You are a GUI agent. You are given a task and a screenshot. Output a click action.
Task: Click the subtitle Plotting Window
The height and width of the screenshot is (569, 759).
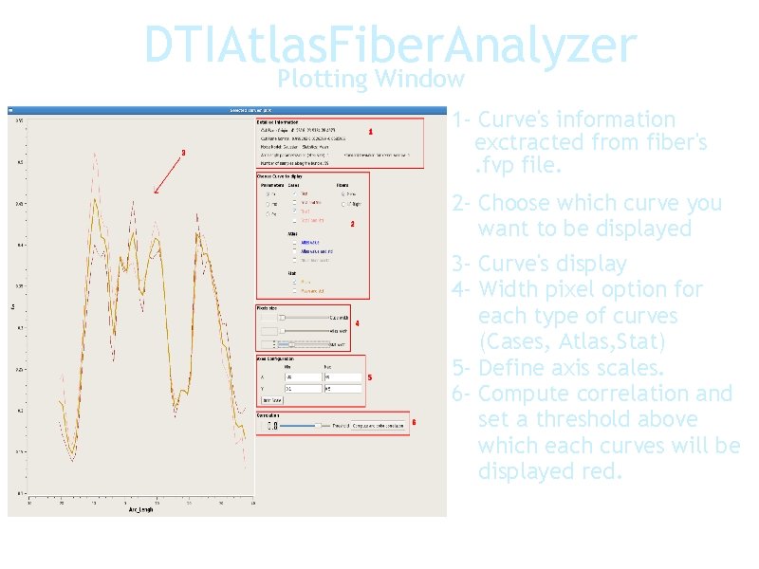click(372, 79)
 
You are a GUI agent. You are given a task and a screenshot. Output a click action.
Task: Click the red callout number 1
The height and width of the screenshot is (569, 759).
click(371, 131)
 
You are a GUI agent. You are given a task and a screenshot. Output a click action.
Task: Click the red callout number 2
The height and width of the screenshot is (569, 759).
click(353, 225)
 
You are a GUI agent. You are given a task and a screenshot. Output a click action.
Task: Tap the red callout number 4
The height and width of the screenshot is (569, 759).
click(357, 323)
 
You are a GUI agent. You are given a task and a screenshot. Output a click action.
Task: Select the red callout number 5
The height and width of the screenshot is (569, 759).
click(369, 378)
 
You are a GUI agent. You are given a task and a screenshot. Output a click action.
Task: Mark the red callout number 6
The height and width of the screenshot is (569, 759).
click(415, 422)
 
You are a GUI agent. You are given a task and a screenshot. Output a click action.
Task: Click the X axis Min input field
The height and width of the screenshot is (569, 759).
click(304, 376)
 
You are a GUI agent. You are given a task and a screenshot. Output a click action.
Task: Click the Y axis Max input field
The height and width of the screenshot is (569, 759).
click(342, 388)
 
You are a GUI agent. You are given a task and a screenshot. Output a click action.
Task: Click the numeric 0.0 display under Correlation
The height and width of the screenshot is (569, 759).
click(271, 426)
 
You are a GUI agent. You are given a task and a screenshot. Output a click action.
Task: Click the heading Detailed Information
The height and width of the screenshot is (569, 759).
click(278, 121)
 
